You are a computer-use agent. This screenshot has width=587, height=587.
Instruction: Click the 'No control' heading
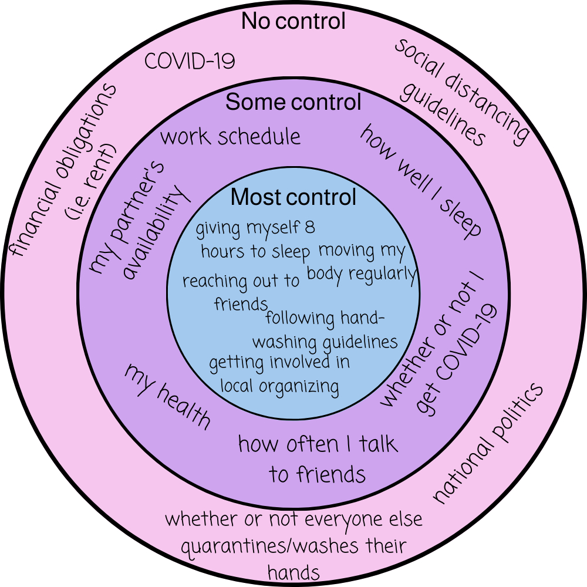[x=293, y=22]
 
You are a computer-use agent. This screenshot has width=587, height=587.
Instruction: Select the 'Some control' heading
[x=293, y=103]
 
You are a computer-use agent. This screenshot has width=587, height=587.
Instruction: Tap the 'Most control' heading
[x=293, y=197]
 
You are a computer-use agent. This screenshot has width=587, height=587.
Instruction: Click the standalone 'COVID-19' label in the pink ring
[x=190, y=61]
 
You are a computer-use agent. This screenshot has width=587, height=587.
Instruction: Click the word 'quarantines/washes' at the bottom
[x=267, y=546]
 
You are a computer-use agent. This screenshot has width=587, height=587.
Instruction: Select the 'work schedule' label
[x=230, y=137]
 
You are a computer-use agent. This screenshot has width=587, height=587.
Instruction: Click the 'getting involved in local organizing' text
[x=279, y=374]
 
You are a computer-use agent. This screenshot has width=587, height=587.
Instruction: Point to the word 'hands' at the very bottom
[x=293, y=571]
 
